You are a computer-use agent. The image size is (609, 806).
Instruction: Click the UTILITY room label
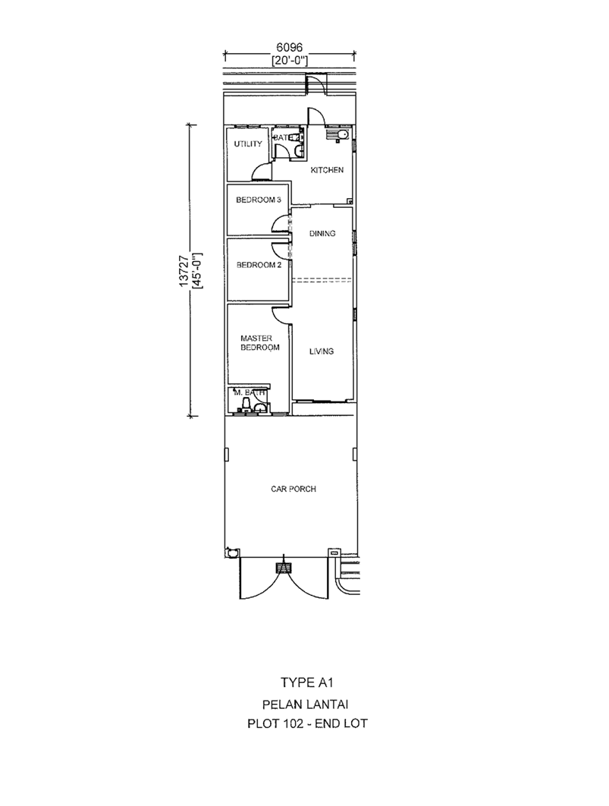coord(248,144)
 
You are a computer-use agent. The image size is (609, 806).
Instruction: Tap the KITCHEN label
coord(327,170)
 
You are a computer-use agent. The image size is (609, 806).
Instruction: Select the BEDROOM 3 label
coord(259,200)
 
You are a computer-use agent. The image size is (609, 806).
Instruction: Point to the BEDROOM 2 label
coord(259,265)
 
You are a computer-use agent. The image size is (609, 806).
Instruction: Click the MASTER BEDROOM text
coord(260,343)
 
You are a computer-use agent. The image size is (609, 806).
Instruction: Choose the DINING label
coord(322,233)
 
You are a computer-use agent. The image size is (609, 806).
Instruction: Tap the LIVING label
coord(322,351)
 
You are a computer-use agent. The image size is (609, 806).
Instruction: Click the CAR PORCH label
coord(294,489)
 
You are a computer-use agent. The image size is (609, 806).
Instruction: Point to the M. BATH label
coord(250,392)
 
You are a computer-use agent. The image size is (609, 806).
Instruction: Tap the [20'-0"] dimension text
coord(290,61)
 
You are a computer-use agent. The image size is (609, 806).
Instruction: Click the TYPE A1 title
coord(307,682)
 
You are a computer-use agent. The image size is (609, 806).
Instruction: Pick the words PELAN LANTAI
coord(307,704)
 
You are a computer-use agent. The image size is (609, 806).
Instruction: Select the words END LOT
coord(341,724)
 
